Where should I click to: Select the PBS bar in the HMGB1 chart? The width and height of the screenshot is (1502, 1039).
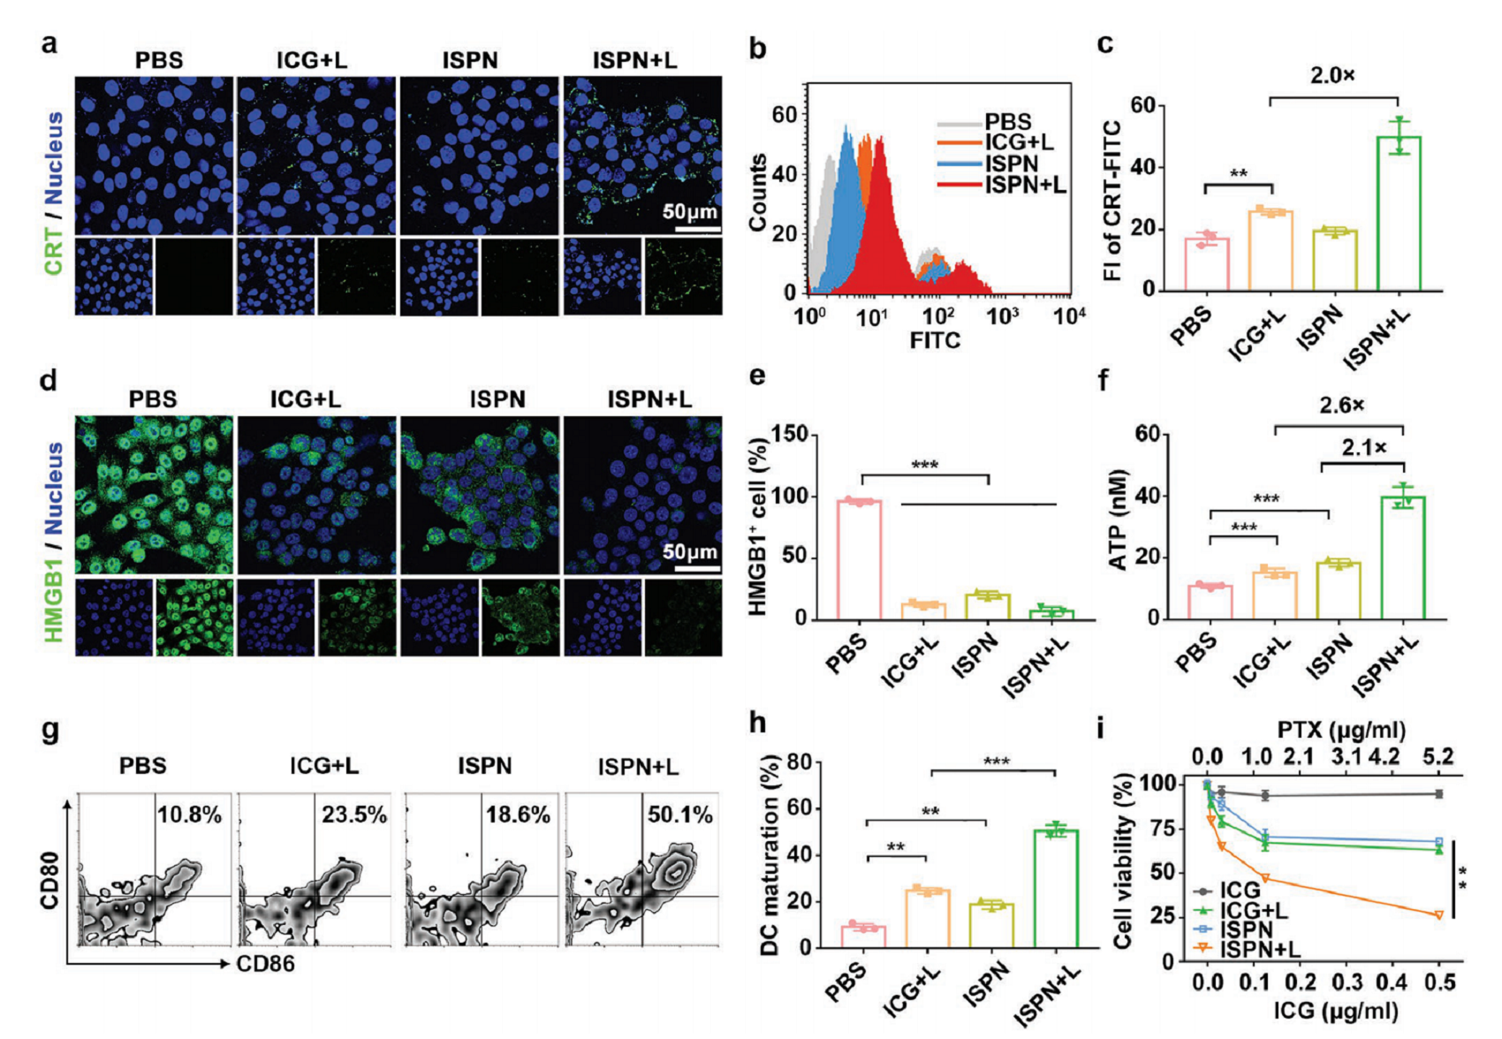[x=860, y=560]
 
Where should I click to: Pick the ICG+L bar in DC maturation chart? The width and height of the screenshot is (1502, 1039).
[x=928, y=919]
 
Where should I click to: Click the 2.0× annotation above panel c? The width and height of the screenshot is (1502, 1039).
[x=1332, y=76]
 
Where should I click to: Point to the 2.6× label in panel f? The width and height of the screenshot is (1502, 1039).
[x=1341, y=406]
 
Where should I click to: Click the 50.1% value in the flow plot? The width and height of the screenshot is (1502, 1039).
[x=679, y=815]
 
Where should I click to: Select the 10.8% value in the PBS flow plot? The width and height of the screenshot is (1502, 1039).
[x=189, y=815]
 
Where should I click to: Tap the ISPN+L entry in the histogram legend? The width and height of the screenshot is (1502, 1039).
[x=1025, y=185]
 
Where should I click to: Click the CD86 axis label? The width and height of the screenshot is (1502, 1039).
[x=265, y=963]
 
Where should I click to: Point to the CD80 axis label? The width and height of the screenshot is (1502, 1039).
[x=50, y=879]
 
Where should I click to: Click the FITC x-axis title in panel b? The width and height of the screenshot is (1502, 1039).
[x=935, y=340]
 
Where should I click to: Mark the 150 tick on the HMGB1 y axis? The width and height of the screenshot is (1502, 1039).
[x=790, y=434]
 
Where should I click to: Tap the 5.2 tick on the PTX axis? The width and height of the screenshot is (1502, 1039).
[x=1438, y=756]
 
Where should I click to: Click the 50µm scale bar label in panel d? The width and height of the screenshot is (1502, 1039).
[x=690, y=552]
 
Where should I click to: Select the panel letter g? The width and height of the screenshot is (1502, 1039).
[x=50, y=732]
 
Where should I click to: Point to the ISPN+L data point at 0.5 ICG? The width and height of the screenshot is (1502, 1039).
[x=1438, y=915]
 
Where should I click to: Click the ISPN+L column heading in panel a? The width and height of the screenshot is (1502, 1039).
[x=634, y=60]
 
